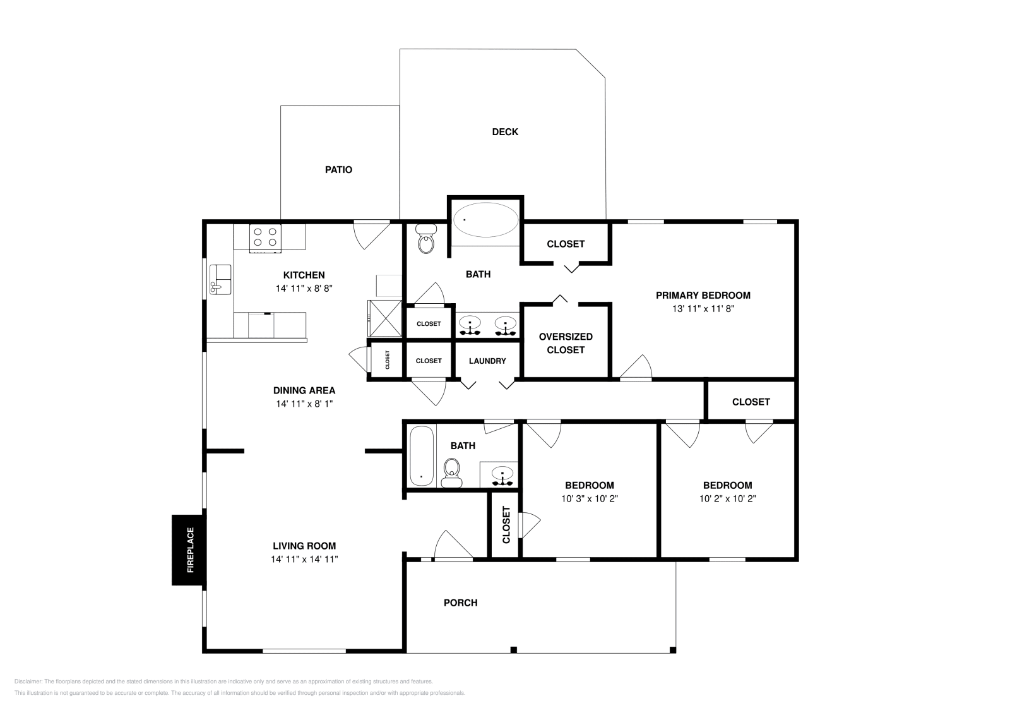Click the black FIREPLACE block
(189, 550)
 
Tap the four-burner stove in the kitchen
(266, 237)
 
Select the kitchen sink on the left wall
(220, 279)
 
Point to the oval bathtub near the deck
(486, 220)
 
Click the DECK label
(505, 132)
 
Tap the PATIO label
(338, 170)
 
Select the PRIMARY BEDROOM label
(703, 295)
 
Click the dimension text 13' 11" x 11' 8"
(703, 309)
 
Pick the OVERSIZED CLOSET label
(566, 343)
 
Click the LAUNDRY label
(487, 361)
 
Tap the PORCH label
(460, 603)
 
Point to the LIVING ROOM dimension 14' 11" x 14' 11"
(304, 559)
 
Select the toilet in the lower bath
(451, 472)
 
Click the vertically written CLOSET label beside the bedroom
(506, 525)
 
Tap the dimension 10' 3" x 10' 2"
(589, 498)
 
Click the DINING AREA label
(304, 390)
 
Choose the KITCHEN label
(304, 275)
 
